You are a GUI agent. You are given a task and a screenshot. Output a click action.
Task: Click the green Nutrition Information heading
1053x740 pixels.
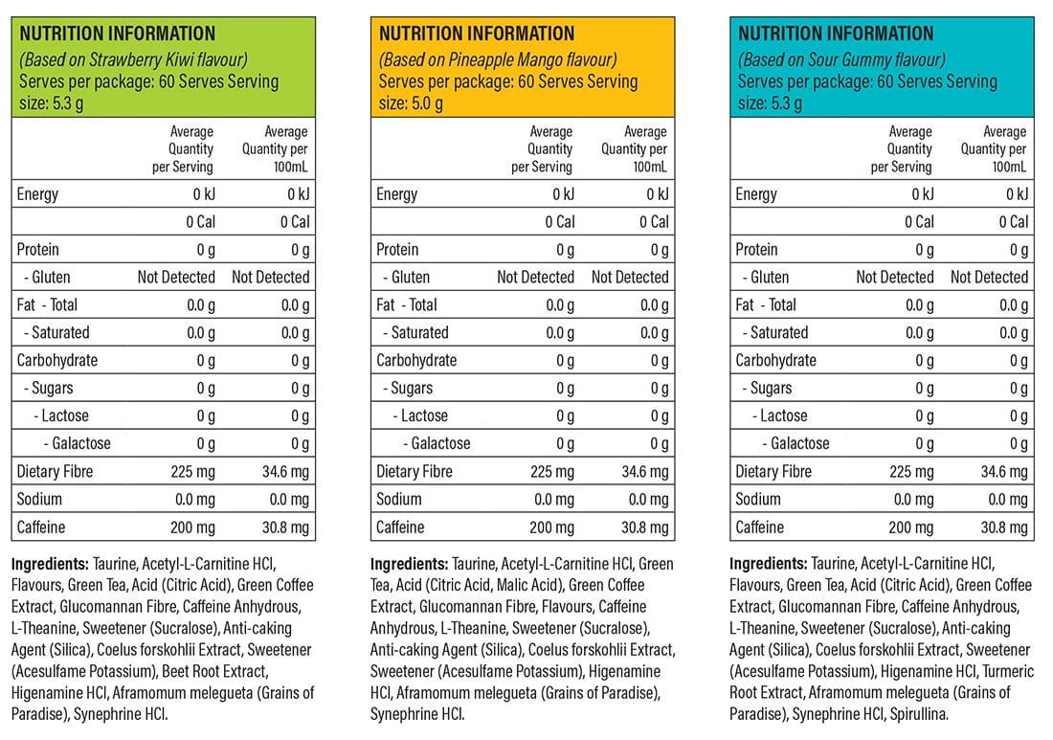tap(118, 34)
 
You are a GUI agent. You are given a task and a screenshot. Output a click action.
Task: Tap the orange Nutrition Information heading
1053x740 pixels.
tap(477, 34)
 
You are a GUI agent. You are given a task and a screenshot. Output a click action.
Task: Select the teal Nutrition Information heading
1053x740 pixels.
tap(836, 34)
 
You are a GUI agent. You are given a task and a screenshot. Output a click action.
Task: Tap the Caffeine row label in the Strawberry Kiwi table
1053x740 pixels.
tap(42, 527)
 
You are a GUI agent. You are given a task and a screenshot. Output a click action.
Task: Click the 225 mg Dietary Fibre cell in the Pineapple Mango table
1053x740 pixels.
tap(550, 471)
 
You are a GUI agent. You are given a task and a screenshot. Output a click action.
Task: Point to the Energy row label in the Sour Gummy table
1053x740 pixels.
tap(756, 194)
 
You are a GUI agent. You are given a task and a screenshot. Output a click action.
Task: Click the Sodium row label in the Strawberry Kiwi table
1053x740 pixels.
tap(39, 499)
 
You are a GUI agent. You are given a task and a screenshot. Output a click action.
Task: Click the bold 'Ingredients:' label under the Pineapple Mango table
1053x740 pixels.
tap(409, 564)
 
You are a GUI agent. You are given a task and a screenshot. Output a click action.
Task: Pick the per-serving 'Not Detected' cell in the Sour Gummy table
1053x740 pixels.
tap(895, 277)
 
